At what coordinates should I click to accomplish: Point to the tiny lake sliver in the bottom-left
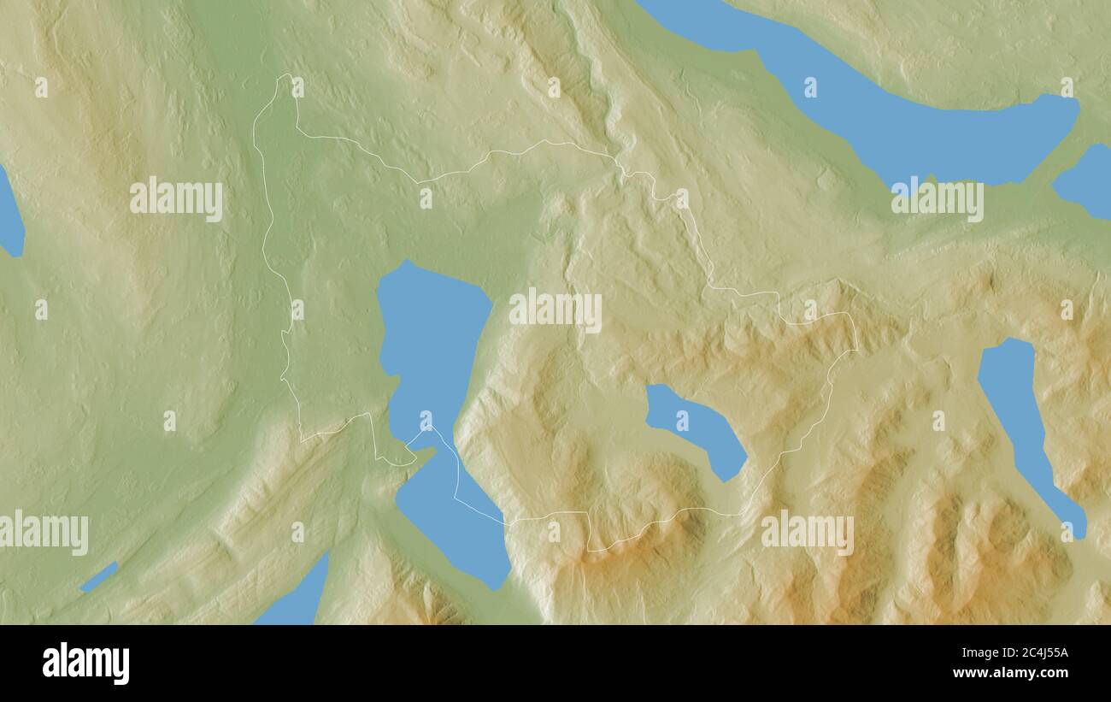tap(99, 577)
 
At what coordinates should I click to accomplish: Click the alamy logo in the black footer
tap(86, 664)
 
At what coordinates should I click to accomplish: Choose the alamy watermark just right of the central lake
tap(555, 310)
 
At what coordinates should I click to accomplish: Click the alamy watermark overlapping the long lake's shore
tap(938, 198)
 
